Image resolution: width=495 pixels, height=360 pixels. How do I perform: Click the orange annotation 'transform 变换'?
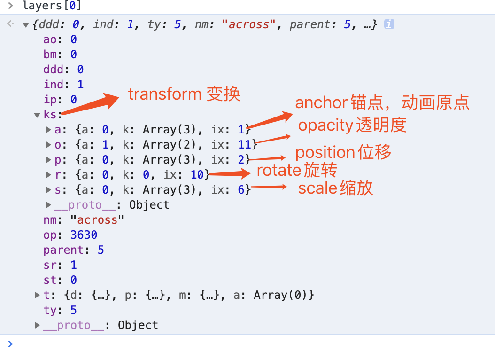pyautogui.click(x=184, y=94)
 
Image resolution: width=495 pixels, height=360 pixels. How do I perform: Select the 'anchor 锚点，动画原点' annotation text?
pyautogui.click(x=382, y=103)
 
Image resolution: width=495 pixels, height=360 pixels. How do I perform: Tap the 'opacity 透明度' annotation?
pyautogui.click(x=352, y=125)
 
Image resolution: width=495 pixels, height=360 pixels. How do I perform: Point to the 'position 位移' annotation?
pyautogui.click(x=343, y=152)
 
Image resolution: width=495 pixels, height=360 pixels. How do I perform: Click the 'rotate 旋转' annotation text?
pyautogui.click(x=297, y=170)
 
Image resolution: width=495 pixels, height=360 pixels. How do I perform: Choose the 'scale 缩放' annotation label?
pyautogui.click(x=335, y=188)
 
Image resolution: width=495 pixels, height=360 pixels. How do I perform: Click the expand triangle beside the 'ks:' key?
pyautogui.click(x=37, y=115)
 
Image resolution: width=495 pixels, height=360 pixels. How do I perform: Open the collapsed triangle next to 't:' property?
pyautogui.click(x=37, y=295)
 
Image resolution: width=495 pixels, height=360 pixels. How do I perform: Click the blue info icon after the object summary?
pyautogui.click(x=388, y=24)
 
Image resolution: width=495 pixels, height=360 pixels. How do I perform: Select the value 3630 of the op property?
pyautogui.click(x=84, y=235)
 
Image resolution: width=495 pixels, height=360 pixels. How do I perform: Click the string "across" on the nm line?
pyautogui.click(x=97, y=220)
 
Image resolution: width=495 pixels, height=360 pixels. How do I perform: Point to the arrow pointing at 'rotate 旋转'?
pyautogui.click(x=230, y=174)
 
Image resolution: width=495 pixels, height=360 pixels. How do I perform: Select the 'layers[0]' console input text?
pyautogui.click(x=52, y=7)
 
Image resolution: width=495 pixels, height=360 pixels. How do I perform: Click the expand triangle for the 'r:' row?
pyautogui.click(x=48, y=175)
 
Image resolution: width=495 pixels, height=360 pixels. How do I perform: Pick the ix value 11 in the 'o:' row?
pyautogui.click(x=245, y=145)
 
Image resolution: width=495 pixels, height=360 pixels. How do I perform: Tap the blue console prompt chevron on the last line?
pyautogui.click(x=10, y=344)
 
